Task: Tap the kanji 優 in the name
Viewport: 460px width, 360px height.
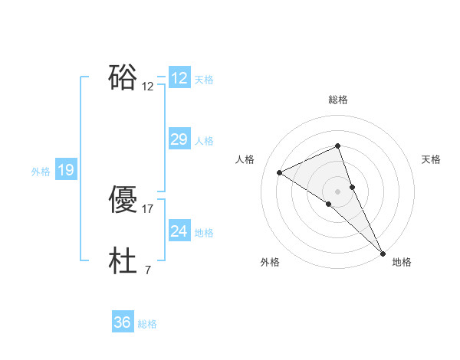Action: (123, 201)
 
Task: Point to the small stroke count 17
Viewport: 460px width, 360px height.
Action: (148, 208)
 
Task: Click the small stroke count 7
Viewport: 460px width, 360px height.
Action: (147, 270)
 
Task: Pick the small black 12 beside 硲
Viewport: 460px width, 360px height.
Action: (148, 86)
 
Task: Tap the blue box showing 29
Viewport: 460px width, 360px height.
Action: (179, 139)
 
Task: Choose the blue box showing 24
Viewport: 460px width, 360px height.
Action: (179, 231)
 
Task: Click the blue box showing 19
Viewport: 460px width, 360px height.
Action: (66, 170)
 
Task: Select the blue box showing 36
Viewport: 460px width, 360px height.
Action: (123, 322)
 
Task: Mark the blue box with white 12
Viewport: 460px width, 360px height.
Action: (179, 78)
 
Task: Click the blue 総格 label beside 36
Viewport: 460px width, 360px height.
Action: (147, 324)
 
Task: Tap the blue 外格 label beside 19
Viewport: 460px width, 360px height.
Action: (41, 172)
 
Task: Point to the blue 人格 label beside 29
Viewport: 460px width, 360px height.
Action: (204, 141)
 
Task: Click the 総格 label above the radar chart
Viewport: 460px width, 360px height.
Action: (337, 100)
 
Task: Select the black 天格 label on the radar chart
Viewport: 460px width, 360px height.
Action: (431, 159)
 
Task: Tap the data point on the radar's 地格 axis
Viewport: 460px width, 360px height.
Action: (383, 252)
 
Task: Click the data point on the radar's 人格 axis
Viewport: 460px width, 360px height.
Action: (280, 172)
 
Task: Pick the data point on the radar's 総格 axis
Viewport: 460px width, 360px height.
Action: (337, 146)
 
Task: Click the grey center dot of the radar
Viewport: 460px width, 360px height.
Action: (337, 191)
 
